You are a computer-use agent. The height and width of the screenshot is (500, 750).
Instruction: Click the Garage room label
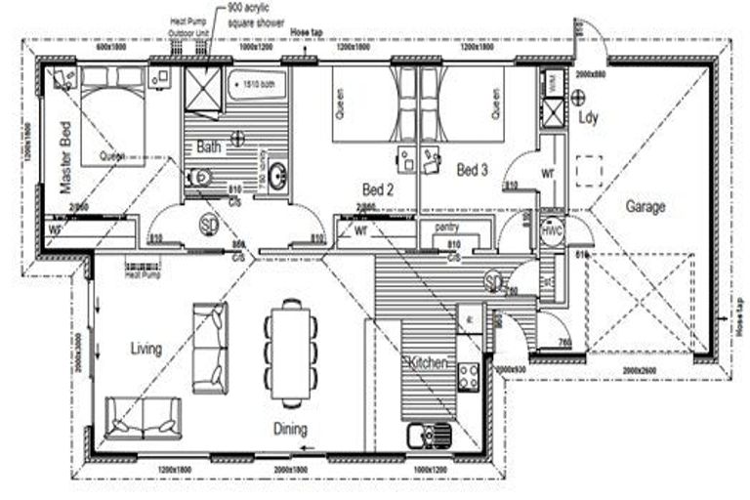tap(646, 207)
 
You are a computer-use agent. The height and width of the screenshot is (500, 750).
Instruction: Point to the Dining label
tap(290, 429)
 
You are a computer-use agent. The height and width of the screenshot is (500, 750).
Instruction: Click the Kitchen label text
tap(428, 363)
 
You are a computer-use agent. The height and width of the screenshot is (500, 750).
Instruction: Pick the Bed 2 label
tap(377, 189)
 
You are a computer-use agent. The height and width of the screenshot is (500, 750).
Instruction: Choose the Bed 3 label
tap(473, 171)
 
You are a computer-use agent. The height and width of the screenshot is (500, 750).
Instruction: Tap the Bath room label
tap(209, 147)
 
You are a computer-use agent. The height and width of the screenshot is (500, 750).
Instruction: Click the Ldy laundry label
tap(588, 118)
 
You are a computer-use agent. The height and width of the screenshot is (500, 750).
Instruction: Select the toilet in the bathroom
tap(198, 178)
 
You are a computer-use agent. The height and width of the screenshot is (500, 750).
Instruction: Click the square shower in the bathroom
tap(204, 94)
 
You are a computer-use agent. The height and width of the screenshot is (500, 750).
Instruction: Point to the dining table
tap(291, 352)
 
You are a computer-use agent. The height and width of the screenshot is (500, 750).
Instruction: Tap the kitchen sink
tap(429, 434)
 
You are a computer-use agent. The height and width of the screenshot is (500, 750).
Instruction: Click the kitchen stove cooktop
tap(468, 376)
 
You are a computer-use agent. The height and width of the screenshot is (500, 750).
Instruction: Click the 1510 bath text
tap(259, 83)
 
